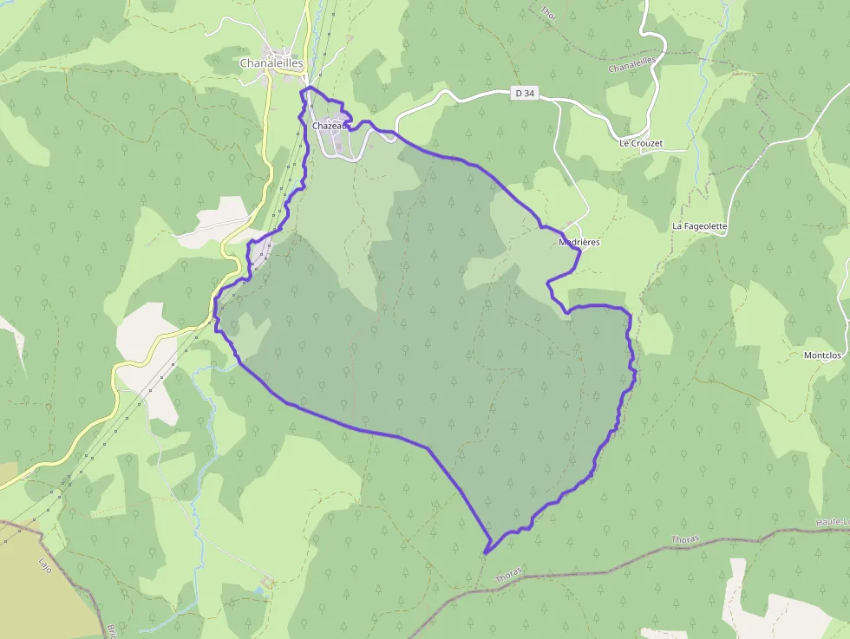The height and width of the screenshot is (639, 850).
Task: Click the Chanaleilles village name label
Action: point(271,63)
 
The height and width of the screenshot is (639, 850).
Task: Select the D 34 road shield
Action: point(520,93)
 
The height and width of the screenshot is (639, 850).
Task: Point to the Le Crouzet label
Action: point(640,143)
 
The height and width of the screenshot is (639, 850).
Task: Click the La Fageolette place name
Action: point(699,226)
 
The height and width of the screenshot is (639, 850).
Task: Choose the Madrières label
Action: point(579,243)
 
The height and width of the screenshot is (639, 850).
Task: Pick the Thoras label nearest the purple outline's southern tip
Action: point(509,575)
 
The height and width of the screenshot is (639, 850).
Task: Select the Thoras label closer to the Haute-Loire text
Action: point(684,540)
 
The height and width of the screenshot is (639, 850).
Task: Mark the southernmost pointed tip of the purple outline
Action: point(487,551)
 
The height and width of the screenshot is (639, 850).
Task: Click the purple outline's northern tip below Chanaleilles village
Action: point(308,88)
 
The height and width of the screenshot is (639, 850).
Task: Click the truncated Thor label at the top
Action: point(548,12)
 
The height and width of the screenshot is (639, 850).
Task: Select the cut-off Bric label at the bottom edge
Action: point(112,630)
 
